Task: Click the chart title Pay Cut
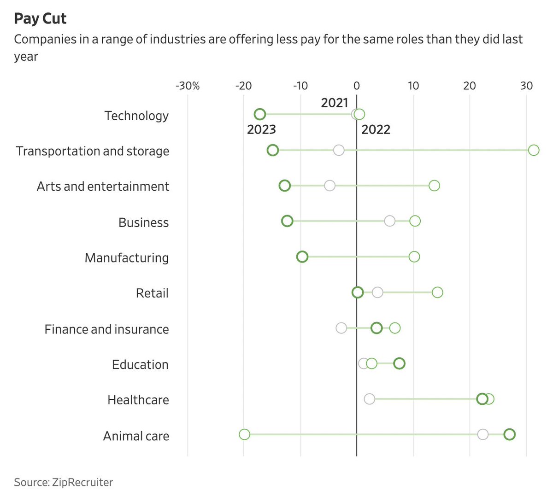[40, 18]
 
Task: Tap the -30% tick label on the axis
[188, 86]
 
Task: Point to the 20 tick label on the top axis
[470, 86]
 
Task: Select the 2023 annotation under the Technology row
[261, 129]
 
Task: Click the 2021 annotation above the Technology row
[335, 102]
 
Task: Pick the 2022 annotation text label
[376, 129]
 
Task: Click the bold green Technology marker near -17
[260, 115]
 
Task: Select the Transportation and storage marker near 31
[534, 150]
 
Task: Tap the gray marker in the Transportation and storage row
[339, 150]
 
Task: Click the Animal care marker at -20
[245, 434]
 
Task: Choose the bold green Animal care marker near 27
[509, 434]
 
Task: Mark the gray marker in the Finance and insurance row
[341, 328]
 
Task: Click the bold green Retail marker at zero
[358, 292]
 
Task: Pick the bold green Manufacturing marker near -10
[302, 257]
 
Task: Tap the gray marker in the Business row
[390, 221]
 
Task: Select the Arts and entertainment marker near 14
[434, 186]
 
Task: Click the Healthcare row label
[138, 400]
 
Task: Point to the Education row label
[140, 364]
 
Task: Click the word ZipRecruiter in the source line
[82, 482]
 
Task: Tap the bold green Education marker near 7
[400, 363]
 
